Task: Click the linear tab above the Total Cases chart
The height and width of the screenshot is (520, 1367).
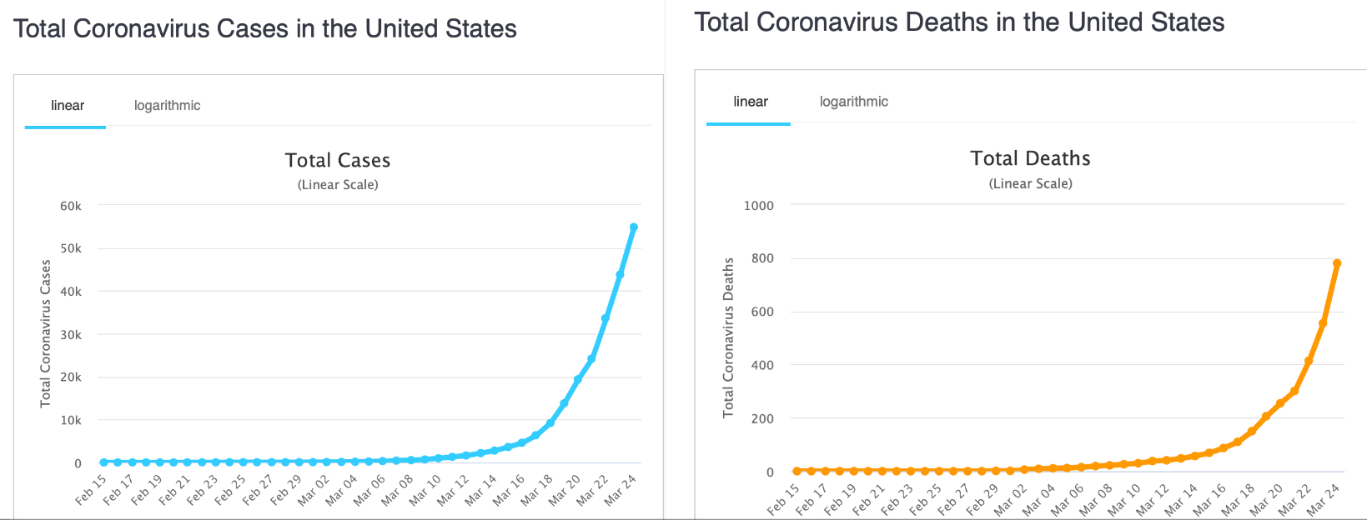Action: click(67, 106)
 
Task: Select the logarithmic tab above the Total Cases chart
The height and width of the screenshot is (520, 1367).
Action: click(167, 106)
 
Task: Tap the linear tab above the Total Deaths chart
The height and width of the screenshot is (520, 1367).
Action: click(750, 102)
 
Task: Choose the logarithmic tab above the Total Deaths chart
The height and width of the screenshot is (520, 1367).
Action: click(853, 102)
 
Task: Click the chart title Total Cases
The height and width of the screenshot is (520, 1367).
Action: click(337, 160)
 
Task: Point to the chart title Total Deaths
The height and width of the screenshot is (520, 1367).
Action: click(1030, 158)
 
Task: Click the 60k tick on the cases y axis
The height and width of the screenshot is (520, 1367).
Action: click(71, 206)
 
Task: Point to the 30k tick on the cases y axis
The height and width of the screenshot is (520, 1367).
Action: click(71, 334)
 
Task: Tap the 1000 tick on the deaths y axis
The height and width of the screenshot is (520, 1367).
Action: click(758, 205)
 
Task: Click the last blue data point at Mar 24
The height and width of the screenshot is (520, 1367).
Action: click(634, 227)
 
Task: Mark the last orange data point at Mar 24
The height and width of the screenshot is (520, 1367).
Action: click(1337, 263)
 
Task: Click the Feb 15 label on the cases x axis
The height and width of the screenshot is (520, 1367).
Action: click(91, 489)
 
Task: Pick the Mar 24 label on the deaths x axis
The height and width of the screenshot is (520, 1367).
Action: click(1322, 498)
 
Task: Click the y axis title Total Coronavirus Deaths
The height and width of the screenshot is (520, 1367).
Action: click(728, 337)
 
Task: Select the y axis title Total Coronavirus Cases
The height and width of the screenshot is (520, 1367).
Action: click(46, 333)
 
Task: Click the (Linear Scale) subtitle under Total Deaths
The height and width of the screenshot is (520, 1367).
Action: click(1030, 183)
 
